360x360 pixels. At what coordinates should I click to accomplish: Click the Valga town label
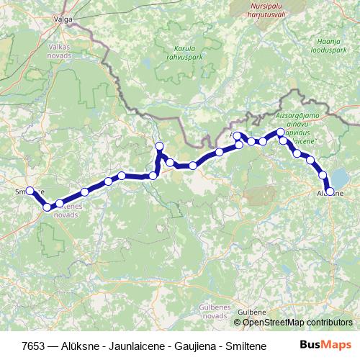click(x=63, y=20)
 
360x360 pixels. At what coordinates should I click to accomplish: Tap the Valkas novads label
click(x=59, y=50)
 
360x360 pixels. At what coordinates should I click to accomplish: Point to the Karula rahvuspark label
click(x=180, y=54)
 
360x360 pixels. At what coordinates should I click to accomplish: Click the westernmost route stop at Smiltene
click(x=30, y=191)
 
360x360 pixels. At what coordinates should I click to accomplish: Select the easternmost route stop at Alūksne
click(x=330, y=191)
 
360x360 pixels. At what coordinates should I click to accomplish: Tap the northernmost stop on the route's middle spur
click(x=159, y=146)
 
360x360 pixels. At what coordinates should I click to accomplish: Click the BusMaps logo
click(x=325, y=345)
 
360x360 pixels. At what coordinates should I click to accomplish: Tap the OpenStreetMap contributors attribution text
click(x=297, y=322)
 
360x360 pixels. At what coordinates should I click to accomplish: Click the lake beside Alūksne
click(x=339, y=177)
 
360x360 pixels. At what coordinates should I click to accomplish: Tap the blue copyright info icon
click(x=237, y=322)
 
